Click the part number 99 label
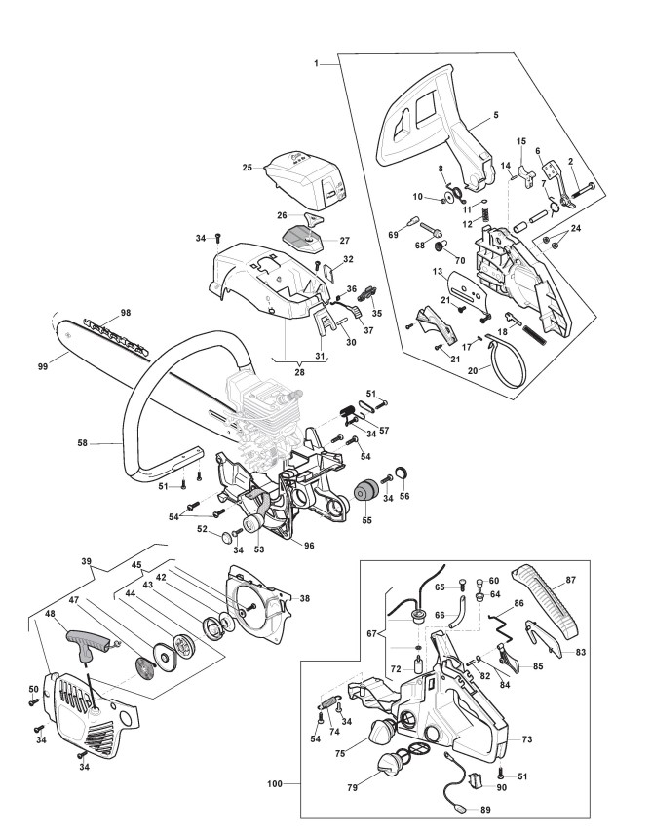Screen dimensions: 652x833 [x=43, y=366]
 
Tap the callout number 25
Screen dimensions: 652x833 [x=248, y=168]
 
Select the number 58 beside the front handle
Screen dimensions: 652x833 [x=83, y=442]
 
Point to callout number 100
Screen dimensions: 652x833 [x=275, y=783]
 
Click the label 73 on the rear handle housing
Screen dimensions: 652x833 [x=527, y=738]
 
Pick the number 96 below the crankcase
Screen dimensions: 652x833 [x=309, y=546]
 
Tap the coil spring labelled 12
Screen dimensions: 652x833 [x=484, y=214]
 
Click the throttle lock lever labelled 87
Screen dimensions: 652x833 [x=546, y=603]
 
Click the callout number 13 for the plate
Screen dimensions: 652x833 [x=438, y=272]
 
